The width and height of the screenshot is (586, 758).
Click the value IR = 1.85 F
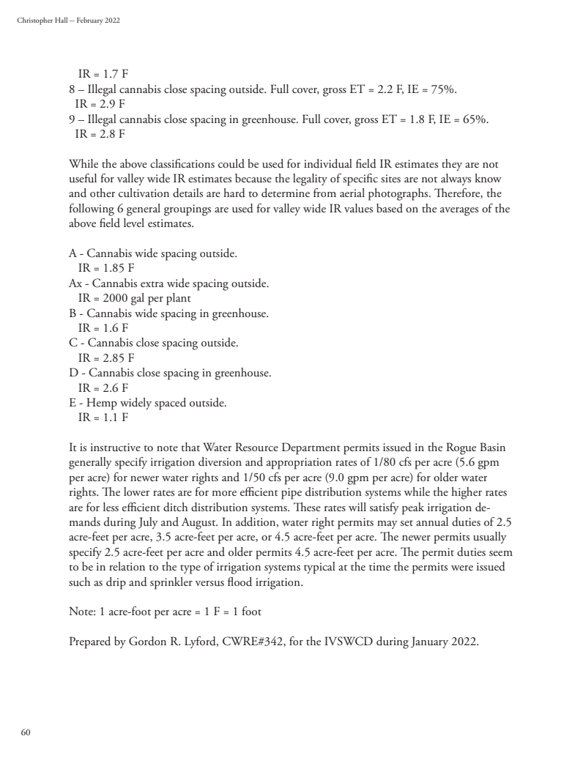[x=105, y=268]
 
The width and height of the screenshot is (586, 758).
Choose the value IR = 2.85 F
[x=105, y=358]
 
